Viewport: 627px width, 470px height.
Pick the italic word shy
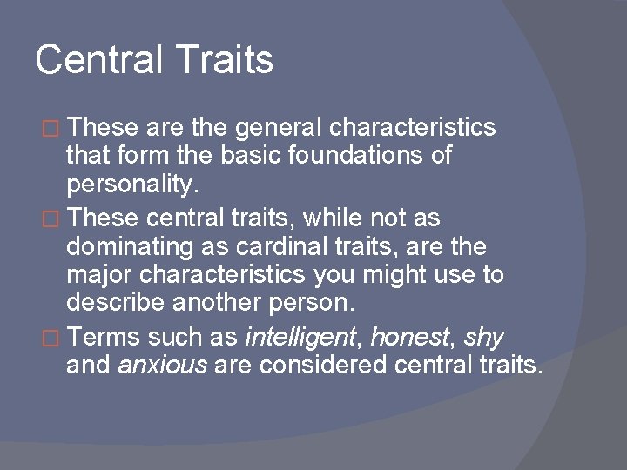coord(484,337)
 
